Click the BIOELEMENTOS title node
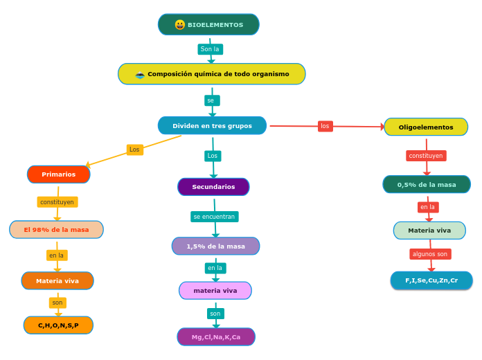tap(208, 25)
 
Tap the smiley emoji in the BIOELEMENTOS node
tap(180, 25)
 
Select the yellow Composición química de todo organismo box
tap(212, 74)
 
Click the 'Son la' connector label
tap(210, 49)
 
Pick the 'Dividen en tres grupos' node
tap(212, 126)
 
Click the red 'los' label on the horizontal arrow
tap(325, 126)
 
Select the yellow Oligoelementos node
tap(426, 127)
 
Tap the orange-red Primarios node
tap(59, 174)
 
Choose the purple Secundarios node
tap(213, 187)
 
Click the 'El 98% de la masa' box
tap(56, 230)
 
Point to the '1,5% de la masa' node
tap(215, 246)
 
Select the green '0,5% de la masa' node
tap(427, 185)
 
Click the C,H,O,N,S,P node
tap(58, 325)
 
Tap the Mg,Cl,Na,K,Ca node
tap(216, 337)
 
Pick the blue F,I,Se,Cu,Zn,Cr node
tap(431, 280)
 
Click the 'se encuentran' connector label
tap(215, 217)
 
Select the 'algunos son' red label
tap(430, 254)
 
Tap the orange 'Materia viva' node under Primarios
tap(57, 281)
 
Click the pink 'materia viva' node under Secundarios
tap(215, 291)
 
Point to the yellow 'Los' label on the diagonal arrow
tap(135, 150)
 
